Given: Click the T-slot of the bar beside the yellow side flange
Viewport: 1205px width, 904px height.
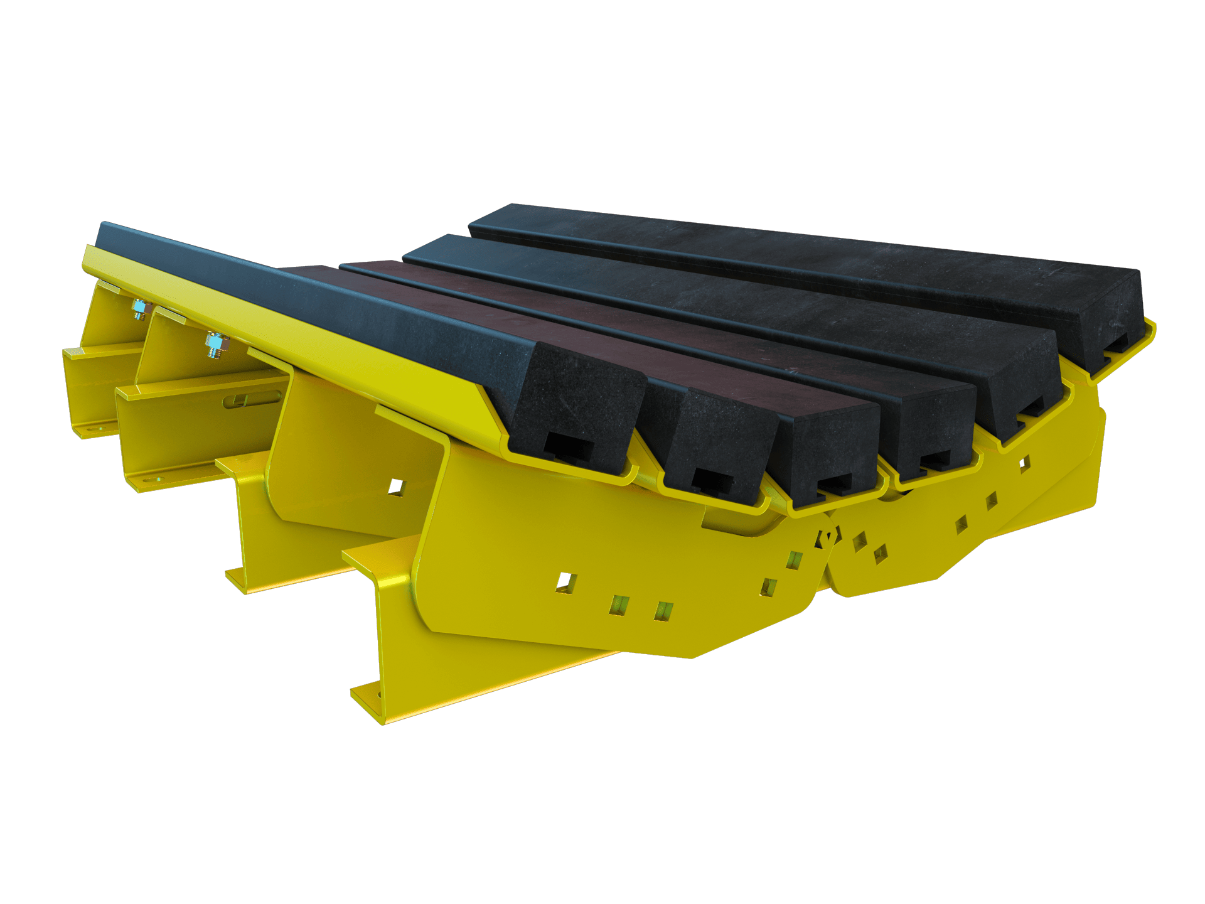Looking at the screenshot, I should (x=568, y=447).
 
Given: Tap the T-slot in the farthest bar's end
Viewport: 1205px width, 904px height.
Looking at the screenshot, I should (x=1114, y=344).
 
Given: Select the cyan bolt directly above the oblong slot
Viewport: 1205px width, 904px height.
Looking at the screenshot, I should (x=215, y=345).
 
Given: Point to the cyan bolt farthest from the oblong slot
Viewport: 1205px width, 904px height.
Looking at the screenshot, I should (x=140, y=308).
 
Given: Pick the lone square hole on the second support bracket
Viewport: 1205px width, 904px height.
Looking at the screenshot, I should (x=396, y=488).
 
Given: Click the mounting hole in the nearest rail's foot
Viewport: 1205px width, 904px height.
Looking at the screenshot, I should (x=378, y=695).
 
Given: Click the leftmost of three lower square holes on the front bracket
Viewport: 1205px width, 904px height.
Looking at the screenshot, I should (x=565, y=583).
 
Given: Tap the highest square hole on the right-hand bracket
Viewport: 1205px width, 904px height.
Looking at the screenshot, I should (x=1024, y=464).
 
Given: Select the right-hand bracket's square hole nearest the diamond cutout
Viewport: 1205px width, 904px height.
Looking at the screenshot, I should (x=859, y=541).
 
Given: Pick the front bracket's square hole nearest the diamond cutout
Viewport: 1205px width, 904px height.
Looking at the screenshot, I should (x=795, y=559).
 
